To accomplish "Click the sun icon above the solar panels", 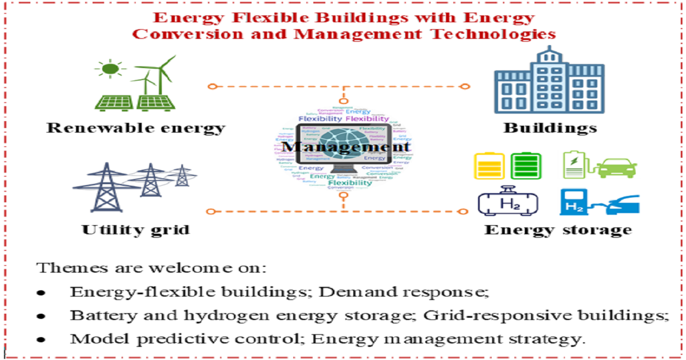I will click(x=110, y=69).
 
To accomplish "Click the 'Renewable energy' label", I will click(x=135, y=127).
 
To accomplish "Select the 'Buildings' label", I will click(x=550, y=127).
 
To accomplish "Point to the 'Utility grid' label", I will click(x=135, y=230).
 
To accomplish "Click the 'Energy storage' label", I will click(x=558, y=230).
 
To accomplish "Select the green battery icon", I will click(x=525, y=166).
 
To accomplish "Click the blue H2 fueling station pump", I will click(x=571, y=202).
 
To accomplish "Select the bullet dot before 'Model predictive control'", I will click(x=41, y=339).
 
